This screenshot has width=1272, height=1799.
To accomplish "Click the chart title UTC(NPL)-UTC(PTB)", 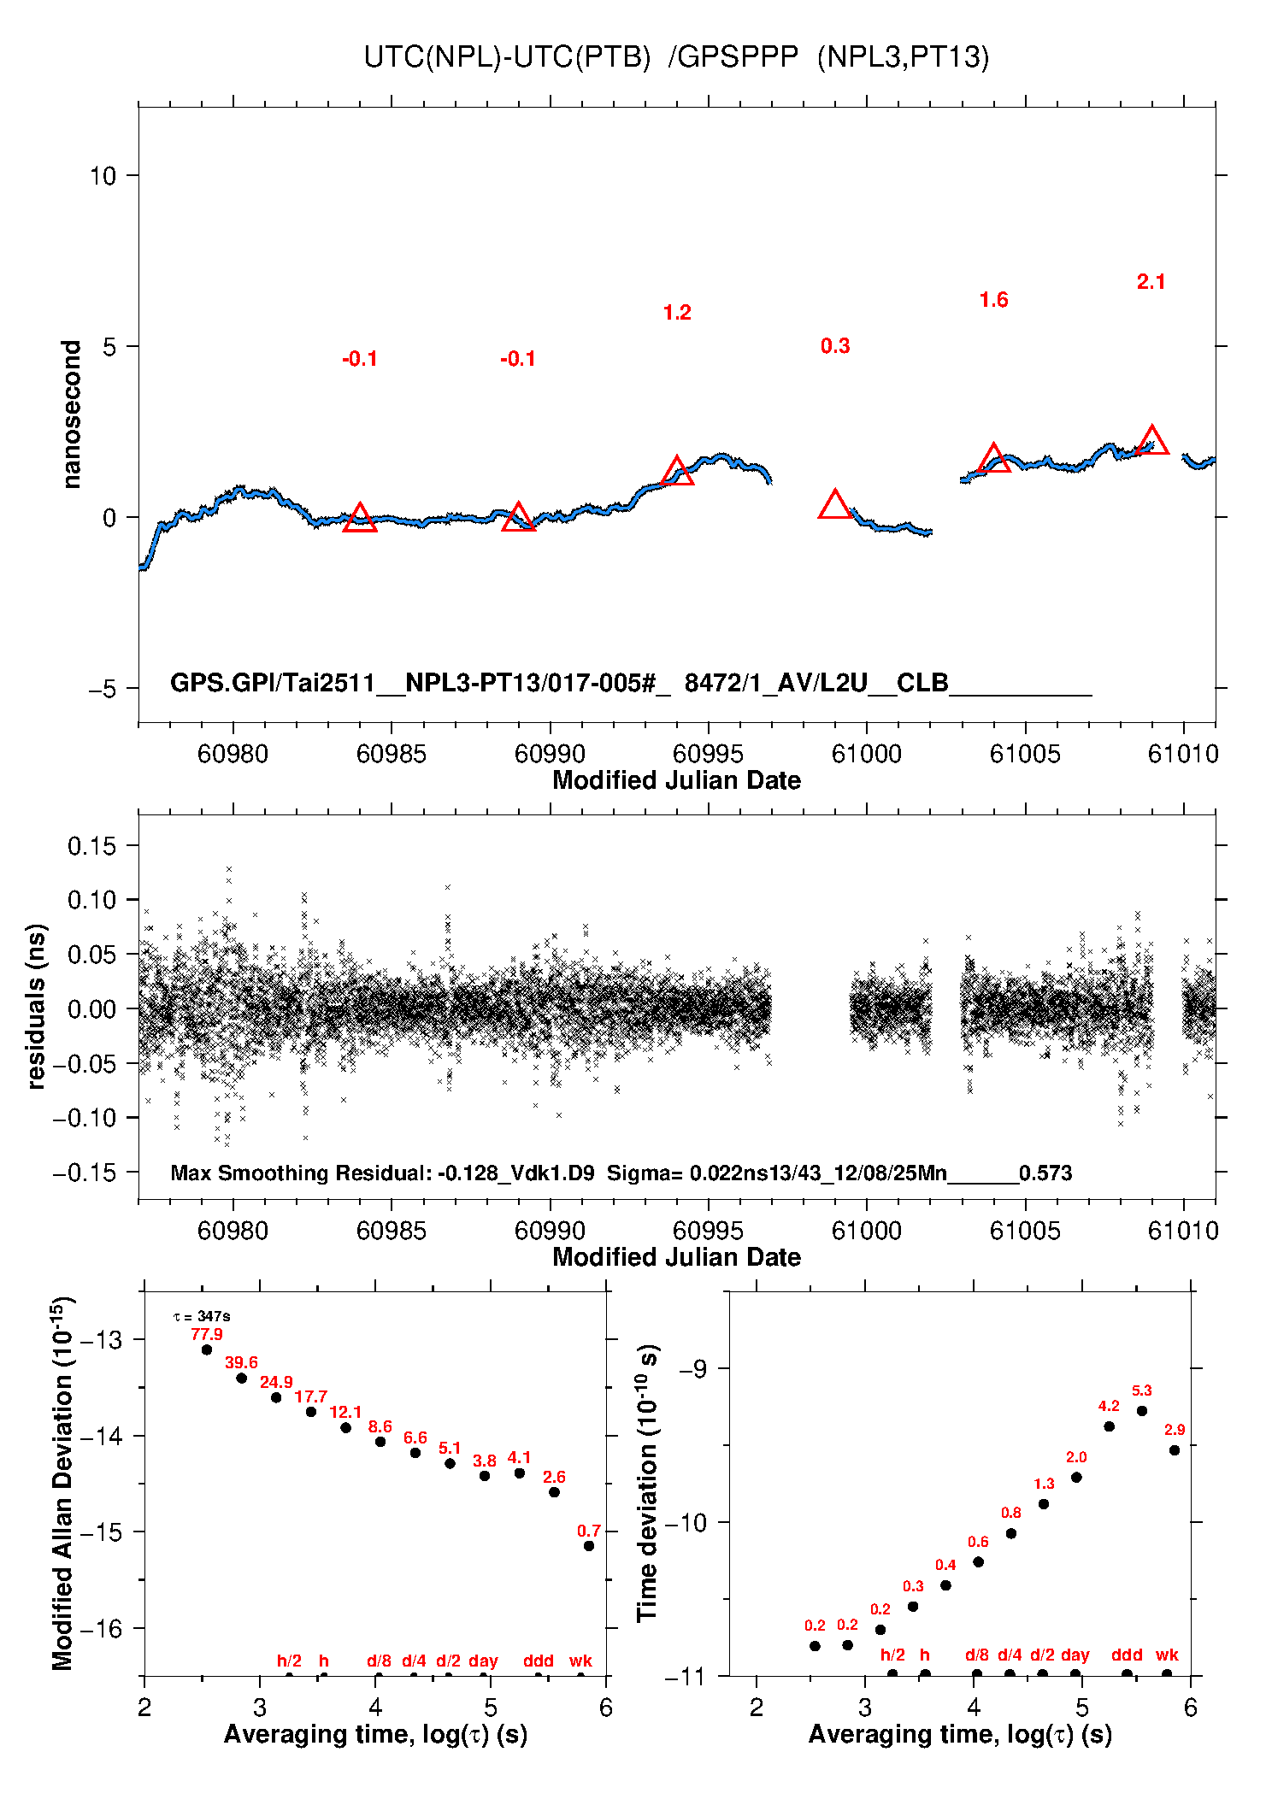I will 507,57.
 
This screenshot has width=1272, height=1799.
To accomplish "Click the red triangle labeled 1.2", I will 677,472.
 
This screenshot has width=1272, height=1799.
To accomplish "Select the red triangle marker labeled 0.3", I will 835,505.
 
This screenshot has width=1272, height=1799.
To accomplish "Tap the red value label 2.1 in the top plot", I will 1151,282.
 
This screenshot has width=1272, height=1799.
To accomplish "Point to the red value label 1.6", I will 993,300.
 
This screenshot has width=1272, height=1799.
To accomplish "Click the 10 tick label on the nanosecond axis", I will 103,176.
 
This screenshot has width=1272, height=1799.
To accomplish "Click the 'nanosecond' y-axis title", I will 71,414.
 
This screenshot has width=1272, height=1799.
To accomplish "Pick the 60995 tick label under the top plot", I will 708,754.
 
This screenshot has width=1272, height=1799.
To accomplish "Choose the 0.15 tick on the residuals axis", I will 91,846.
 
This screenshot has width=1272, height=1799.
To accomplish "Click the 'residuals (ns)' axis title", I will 35,1006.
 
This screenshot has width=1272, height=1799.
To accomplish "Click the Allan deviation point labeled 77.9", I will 207,1349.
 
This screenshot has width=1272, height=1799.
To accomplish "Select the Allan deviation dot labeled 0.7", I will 589,1546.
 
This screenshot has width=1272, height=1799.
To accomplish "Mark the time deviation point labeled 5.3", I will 1142,1411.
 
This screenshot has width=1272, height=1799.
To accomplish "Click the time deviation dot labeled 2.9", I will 1175,1450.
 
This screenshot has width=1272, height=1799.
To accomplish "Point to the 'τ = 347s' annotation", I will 202,1316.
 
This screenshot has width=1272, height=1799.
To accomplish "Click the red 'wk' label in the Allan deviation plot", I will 580,1661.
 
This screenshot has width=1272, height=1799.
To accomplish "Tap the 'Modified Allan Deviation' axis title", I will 63,1483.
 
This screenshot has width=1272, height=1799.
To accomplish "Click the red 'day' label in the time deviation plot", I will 1075,1655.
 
